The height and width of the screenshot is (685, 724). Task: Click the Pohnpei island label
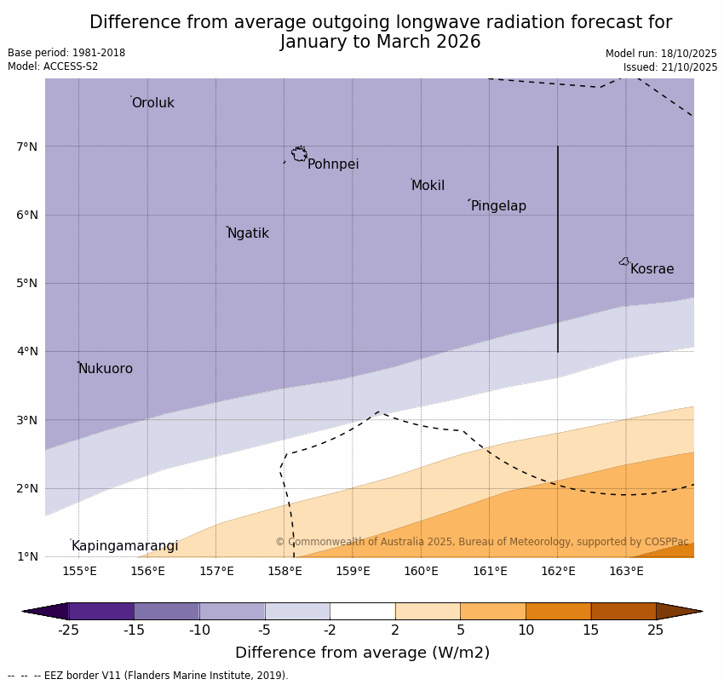pos(333,164)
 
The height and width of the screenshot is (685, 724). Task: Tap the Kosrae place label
pos(652,269)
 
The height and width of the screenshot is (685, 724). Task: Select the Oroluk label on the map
pos(153,103)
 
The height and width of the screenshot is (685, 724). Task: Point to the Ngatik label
pos(248,233)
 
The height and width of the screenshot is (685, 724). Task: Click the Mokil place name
pos(428,186)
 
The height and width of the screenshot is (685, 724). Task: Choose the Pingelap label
pos(498,206)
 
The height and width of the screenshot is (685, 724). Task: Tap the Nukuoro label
pos(106,369)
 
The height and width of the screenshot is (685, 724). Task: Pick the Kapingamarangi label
pos(124,546)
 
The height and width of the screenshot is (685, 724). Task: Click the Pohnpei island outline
pos(299,154)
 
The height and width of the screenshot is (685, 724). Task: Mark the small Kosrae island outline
pos(624,262)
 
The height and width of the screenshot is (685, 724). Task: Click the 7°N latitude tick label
pos(27,147)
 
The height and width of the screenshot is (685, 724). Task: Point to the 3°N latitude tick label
pos(27,420)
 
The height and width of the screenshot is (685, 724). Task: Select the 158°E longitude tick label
pos(284,571)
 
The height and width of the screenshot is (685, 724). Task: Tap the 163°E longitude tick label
pos(626,571)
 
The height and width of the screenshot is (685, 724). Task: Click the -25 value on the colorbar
pos(68,630)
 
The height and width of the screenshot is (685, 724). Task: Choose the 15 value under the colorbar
pos(591,630)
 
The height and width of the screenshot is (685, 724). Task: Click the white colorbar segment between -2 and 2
pos(362,611)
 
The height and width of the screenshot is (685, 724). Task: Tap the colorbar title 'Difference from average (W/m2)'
pos(362,653)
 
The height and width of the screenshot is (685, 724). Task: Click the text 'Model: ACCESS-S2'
pos(53,66)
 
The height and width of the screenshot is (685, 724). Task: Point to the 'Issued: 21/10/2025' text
pos(670,67)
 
